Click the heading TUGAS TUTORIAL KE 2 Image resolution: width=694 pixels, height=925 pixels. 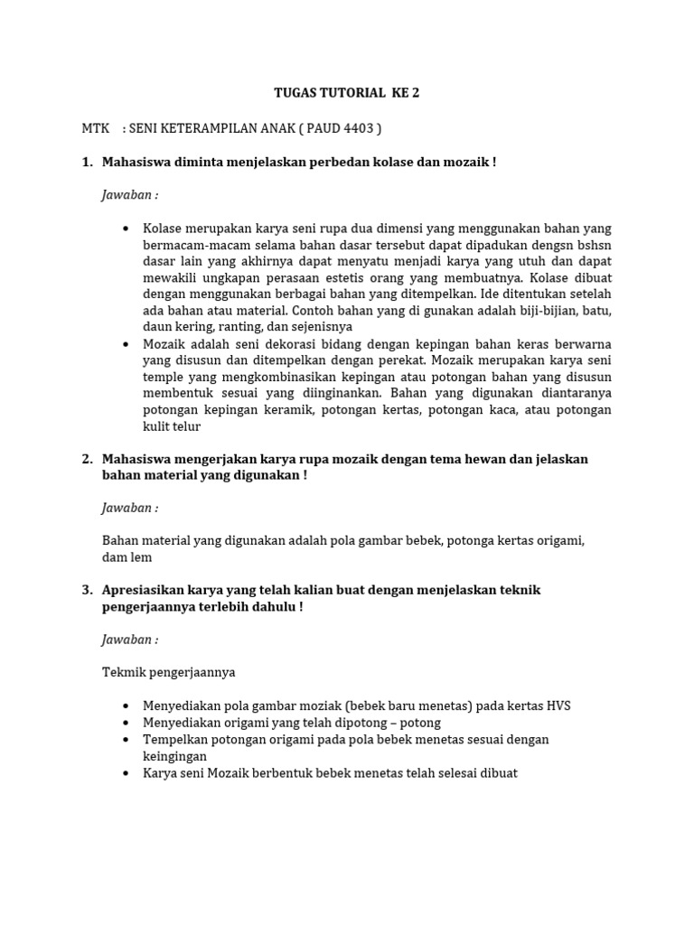(x=346, y=93)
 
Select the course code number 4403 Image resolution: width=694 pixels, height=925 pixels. (x=357, y=128)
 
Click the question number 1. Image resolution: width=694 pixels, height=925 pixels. (x=87, y=162)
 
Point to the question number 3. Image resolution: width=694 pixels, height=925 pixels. (x=87, y=590)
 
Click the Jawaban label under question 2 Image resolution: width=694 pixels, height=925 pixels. (x=129, y=509)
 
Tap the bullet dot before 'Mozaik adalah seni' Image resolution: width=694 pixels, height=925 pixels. (x=124, y=344)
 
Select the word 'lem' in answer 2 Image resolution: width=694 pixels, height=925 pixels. (x=142, y=557)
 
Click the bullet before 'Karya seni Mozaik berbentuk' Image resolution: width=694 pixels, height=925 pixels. (x=124, y=773)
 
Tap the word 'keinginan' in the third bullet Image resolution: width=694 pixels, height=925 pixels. (x=174, y=755)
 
